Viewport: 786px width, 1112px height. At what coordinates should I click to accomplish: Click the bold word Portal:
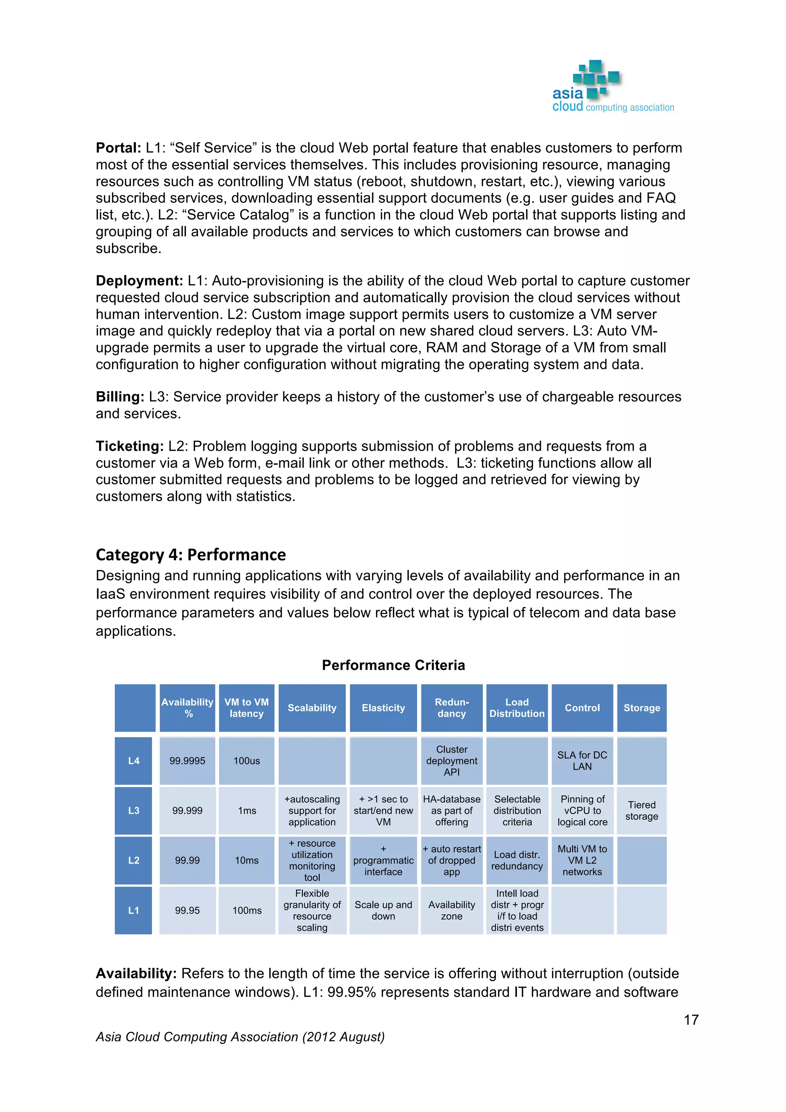[x=118, y=148]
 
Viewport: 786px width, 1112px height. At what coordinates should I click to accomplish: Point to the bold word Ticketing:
[x=130, y=447]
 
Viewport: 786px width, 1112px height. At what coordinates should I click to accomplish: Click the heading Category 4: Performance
[x=191, y=554]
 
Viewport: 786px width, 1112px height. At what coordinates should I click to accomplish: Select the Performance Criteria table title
[x=393, y=665]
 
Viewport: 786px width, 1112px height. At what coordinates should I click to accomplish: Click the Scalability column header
[x=312, y=708]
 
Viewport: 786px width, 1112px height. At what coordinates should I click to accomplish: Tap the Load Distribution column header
[x=517, y=708]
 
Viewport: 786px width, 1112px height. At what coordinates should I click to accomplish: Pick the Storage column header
[x=641, y=708]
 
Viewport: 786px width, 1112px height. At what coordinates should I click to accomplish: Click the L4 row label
[x=134, y=761]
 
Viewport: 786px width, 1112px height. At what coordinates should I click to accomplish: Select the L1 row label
[x=134, y=910]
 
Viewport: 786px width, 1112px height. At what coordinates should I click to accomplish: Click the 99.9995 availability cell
[x=187, y=761]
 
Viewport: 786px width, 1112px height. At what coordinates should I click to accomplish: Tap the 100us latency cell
[x=246, y=761]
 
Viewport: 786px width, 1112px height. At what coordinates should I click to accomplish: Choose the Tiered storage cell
[x=641, y=811]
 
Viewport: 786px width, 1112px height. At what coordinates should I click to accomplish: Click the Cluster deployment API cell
[x=452, y=761]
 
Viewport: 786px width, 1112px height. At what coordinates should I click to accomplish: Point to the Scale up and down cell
[x=383, y=910]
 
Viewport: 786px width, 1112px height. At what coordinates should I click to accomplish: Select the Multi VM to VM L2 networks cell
[x=582, y=860]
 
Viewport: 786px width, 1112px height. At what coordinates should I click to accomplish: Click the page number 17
[x=691, y=1020]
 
